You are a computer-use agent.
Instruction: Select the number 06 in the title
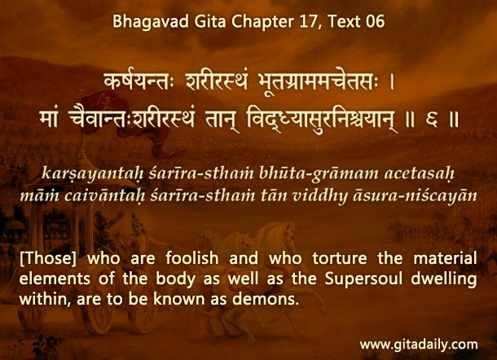(x=375, y=22)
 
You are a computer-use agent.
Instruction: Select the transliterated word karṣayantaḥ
(x=93, y=174)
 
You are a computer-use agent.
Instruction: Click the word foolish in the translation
(x=192, y=258)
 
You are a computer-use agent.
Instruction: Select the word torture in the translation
(x=340, y=258)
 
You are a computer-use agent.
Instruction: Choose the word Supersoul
(x=363, y=279)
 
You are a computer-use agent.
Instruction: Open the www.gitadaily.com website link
(x=419, y=345)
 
